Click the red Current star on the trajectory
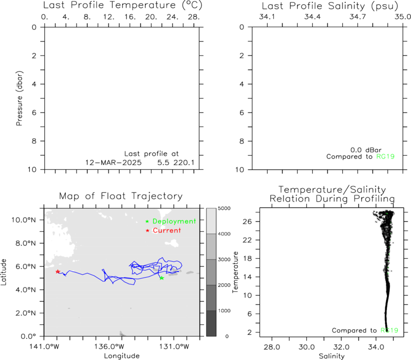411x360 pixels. coord(58,272)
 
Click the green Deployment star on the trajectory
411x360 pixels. coord(162,278)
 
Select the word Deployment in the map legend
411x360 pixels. coord(174,221)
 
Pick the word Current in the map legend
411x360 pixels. coord(166,230)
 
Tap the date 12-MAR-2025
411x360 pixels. coord(114,163)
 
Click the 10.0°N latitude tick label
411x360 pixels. coord(24,220)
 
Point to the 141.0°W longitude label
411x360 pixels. coord(44,347)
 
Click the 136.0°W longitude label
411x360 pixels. coord(109,347)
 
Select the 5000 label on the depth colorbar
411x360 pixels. coord(224,208)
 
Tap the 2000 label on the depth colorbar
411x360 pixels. coord(224,285)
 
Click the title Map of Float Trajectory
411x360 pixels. coord(121,196)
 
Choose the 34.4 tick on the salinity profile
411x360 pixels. coord(312,17)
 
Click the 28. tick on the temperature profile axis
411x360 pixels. coord(194,17)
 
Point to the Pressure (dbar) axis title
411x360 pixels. coord(20,98)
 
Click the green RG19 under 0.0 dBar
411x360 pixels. coord(385,157)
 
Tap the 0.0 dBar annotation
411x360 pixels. coord(366,150)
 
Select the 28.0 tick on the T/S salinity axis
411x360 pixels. coord(272,347)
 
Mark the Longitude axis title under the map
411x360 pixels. coord(122,356)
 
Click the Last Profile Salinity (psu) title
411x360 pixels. coord(330,6)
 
